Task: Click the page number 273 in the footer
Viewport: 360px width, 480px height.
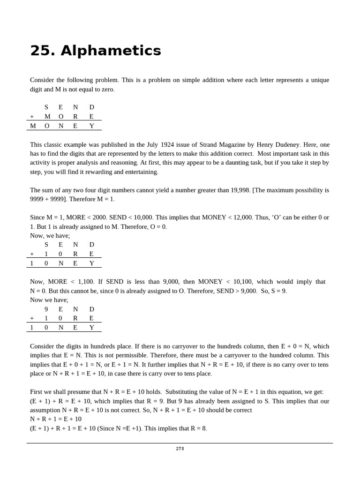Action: click(x=180, y=449)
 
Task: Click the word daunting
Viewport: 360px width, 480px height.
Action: click(x=217, y=163)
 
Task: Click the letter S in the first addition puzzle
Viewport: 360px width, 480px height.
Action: click(x=46, y=107)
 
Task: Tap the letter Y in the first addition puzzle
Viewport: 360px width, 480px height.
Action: click(x=91, y=126)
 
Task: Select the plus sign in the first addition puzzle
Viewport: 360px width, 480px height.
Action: click(x=32, y=117)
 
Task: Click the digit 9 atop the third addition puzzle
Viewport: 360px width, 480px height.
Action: click(x=46, y=309)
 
